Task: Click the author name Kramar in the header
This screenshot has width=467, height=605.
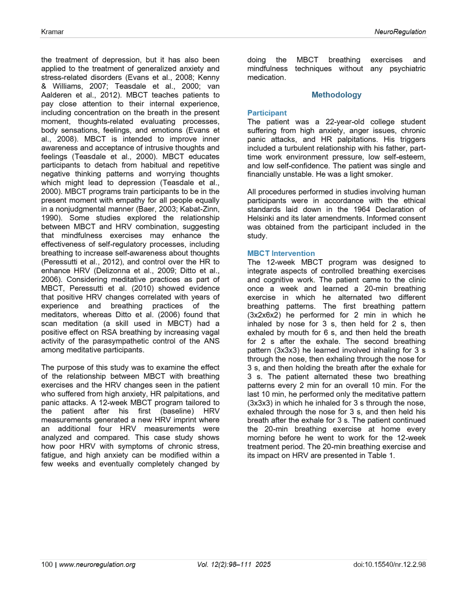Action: pyautogui.click(x=52, y=32)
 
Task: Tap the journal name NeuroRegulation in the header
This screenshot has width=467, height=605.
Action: pyautogui.click(x=400, y=32)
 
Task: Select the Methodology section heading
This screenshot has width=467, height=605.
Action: pyautogui.click(x=336, y=95)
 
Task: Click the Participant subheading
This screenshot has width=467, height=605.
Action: pyautogui.click(x=267, y=113)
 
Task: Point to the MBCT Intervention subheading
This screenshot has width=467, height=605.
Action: pyautogui.click(x=281, y=254)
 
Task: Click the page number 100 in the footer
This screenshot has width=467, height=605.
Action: pyautogui.click(x=47, y=565)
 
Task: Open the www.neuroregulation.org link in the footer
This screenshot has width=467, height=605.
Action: pyautogui.click(x=97, y=565)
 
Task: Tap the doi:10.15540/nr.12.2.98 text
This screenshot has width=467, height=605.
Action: pyautogui.click(x=390, y=565)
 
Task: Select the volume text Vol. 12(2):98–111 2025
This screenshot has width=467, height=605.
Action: pyautogui.click(x=234, y=565)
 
